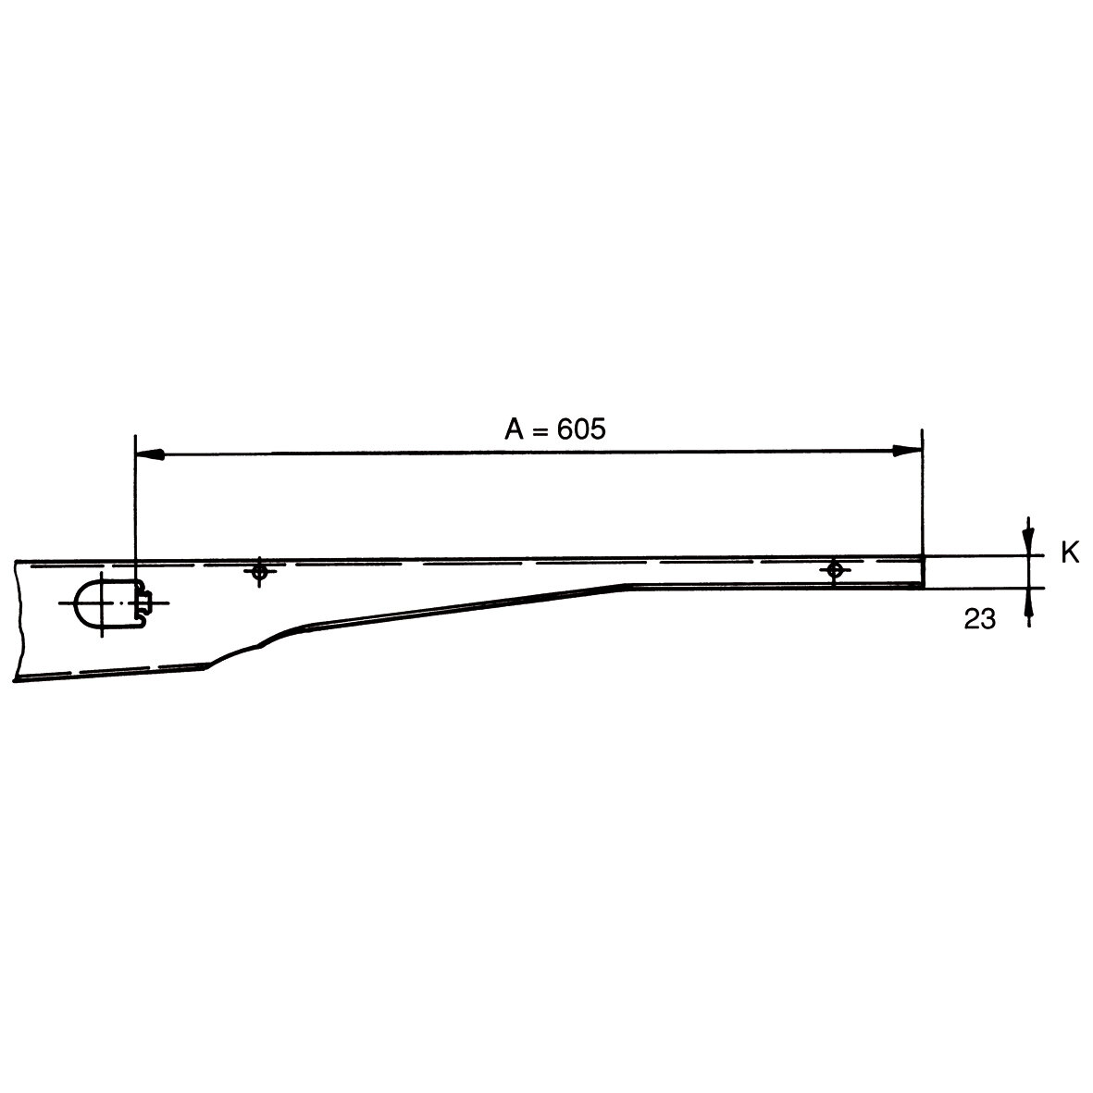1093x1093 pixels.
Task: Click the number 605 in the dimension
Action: [581, 429]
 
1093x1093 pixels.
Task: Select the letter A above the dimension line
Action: [514, 429]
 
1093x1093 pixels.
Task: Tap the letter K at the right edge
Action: [1070, 553]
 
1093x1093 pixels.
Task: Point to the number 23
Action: [979, 618]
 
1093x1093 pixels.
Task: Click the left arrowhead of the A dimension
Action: [150, 454]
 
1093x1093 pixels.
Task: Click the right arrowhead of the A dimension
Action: [908, 451]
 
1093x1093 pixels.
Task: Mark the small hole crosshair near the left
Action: [259, 572]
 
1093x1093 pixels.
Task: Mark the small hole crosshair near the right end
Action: [835, 570]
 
